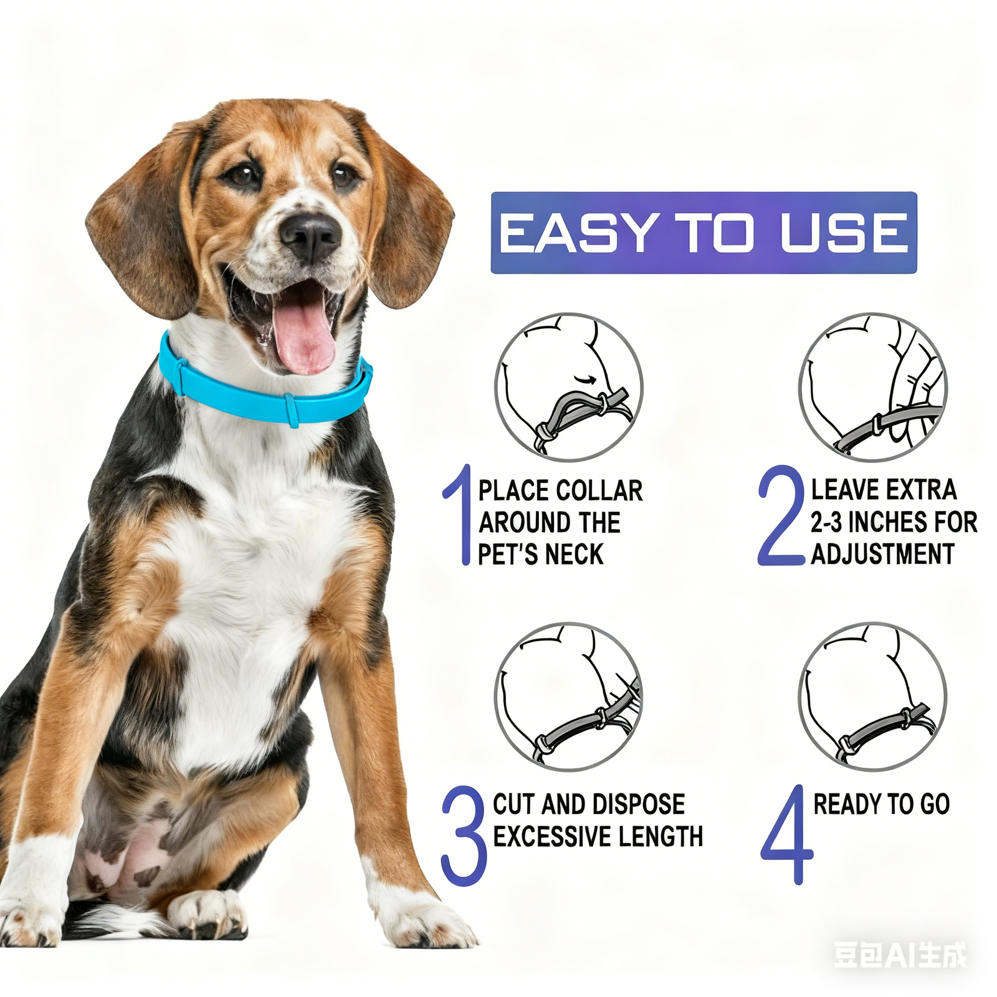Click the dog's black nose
310,236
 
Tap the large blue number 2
781,516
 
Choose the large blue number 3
464,835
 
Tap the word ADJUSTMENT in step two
882,555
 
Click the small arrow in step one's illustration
583,378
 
